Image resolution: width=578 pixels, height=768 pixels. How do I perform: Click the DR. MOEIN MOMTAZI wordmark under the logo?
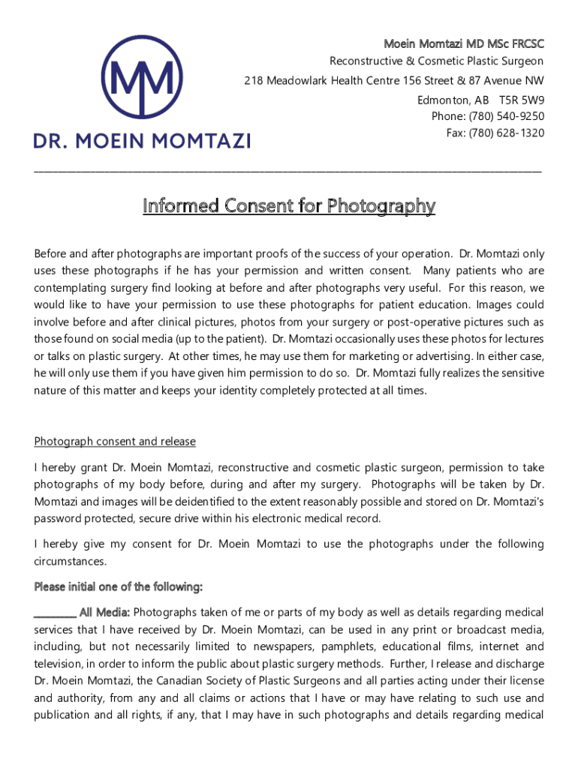point(142,140)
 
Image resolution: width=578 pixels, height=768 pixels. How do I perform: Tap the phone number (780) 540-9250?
point(507,116)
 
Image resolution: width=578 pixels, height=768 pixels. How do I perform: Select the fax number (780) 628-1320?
point(507,133)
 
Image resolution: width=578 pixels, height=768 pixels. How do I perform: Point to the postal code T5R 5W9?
point(522,100)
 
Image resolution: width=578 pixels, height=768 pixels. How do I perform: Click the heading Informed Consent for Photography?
point(289,205)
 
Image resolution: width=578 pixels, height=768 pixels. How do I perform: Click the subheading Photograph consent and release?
point(115,442)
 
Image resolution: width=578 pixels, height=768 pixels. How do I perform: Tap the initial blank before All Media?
point(55,613)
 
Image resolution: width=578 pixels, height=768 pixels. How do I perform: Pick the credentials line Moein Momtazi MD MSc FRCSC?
point(464,43)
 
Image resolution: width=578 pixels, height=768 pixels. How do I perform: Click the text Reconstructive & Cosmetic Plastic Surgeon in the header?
point(437,61)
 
